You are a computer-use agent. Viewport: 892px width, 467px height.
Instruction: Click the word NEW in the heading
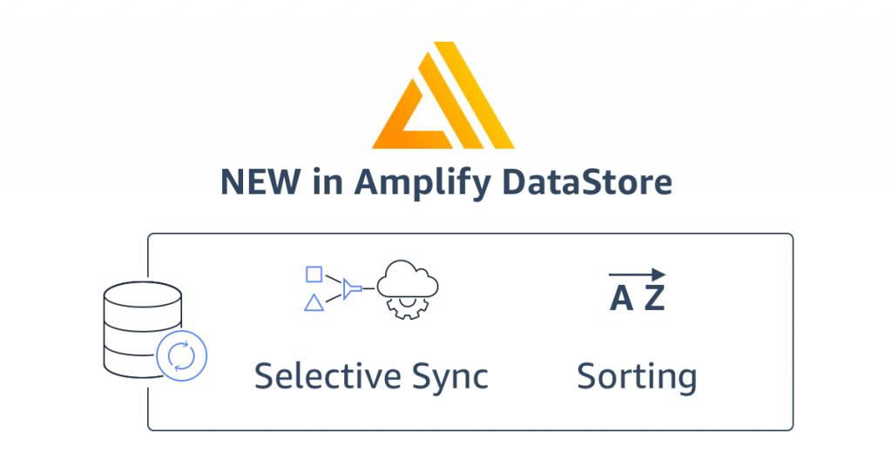click(x=258, y=183)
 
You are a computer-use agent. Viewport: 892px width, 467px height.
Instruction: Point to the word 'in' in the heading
click(x=324, y=183)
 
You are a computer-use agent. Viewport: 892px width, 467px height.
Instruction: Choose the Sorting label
click(x=637, y=378)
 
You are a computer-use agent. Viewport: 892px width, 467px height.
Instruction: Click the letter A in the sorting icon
click(x=621, y=299)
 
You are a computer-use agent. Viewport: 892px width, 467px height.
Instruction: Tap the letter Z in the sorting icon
click(x=654, y=299)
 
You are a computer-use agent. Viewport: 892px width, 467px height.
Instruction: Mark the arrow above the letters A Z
click(x=637, y=274)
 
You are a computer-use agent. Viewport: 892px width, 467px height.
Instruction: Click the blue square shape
click(x=314, y=274)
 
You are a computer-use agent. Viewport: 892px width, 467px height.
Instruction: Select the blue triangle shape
click(x=314, y=302)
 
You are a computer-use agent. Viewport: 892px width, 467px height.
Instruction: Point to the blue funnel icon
click(x=350, y=288)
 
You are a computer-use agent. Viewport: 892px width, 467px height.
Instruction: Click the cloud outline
click(x=408, y=279)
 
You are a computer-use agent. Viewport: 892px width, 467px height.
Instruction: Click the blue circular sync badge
click(x=182, y=355)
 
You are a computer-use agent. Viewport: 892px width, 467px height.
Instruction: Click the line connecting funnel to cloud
click(x=368, y=288)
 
